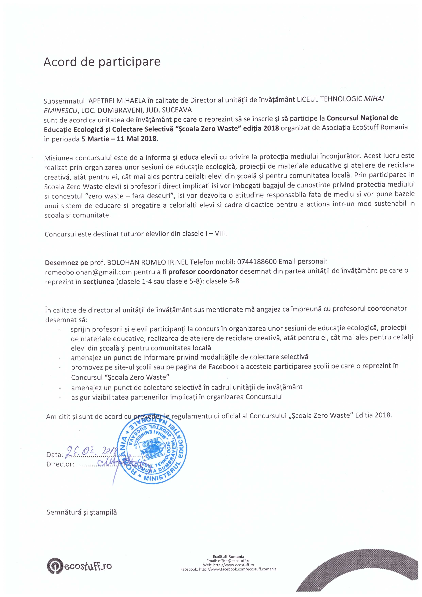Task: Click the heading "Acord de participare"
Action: click(102, 62)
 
